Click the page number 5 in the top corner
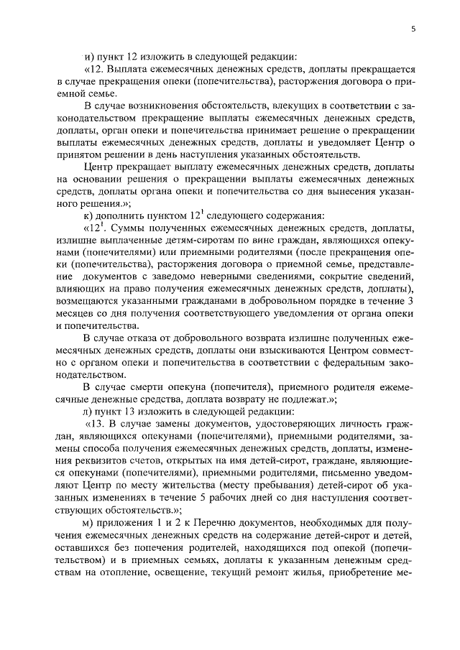click(x=413, y=29)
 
